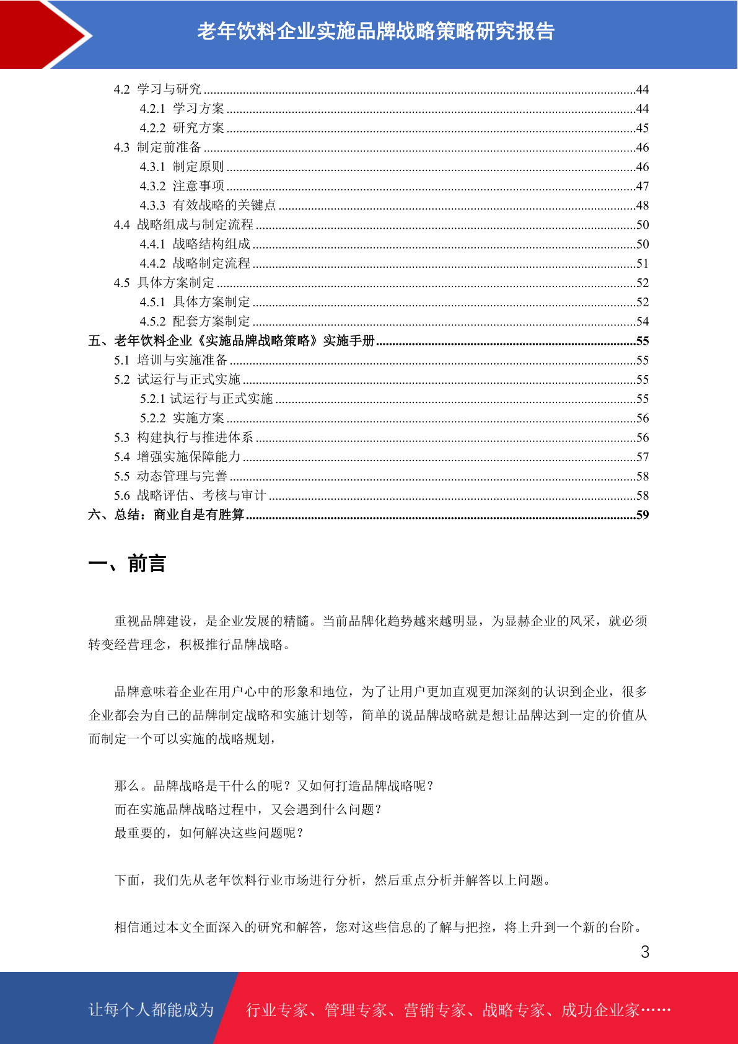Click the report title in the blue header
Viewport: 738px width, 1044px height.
click(376, 31)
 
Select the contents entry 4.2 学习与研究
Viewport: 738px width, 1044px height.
click(157, 89)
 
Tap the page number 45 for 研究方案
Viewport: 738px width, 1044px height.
click(642, 128)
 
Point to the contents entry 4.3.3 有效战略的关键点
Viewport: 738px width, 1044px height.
click(208, 205)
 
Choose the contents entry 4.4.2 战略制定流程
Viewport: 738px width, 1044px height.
click(195, 263)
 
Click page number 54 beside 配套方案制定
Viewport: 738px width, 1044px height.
click(642, 322)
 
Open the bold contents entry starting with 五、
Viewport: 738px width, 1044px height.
click(232, 341)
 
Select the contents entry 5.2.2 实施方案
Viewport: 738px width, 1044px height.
click(182, 418)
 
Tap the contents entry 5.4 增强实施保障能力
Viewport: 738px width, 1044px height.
click(177, 457)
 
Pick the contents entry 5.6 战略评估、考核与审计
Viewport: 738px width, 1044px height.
click(190, 495)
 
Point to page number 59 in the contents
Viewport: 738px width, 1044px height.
click(642, 515)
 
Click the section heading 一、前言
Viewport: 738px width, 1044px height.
click(127, 564)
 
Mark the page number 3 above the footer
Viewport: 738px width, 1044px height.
click(645, 952)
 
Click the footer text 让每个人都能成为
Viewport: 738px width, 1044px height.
click(151, 1010)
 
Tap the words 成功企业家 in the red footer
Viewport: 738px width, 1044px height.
click(600, 1011)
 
